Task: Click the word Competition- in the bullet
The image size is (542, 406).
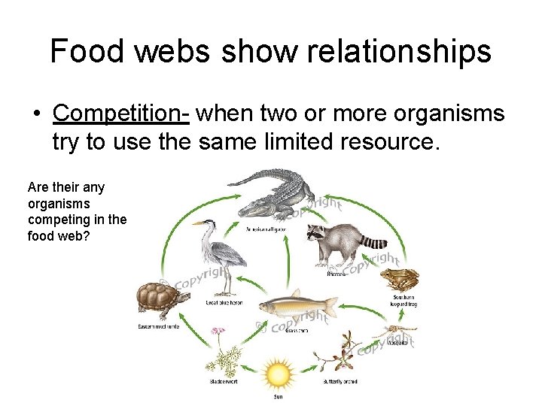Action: point(123,113)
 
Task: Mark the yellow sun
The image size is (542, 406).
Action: point(279,373)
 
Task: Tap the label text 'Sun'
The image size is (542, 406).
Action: point(279,396)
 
